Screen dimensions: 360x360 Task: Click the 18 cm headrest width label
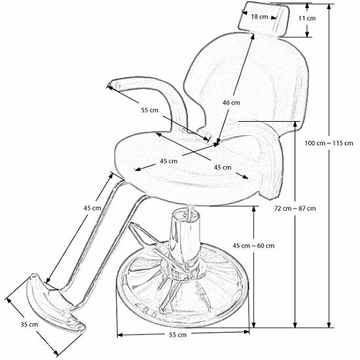click(x=259, y=17)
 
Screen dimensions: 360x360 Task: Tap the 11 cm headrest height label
click(x=307, y=18)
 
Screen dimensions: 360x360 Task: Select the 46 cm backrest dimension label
click(x=231, y=103)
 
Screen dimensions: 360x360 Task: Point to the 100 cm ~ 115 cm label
click(x=329, y=143)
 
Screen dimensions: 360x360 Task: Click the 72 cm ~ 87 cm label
click(x=295, y=208)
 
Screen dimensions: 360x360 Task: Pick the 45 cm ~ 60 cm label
click(x=254, y=245)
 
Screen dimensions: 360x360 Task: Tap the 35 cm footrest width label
click(x=29, y=325)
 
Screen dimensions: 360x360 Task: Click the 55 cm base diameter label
click(x=177, y=334)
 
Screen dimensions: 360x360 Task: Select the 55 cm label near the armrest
click(x=150, y=110)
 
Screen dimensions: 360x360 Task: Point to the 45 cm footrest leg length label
click(x=92, y=208)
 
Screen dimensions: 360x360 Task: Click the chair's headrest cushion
click(x=264, y=18)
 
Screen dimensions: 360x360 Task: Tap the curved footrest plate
click(x=55, y=303)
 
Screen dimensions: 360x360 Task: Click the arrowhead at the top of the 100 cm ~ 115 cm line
click(x=329, y=7)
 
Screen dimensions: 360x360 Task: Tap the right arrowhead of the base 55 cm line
click(x=247, y=332)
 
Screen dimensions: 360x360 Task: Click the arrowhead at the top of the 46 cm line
click(x=252, y=37)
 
